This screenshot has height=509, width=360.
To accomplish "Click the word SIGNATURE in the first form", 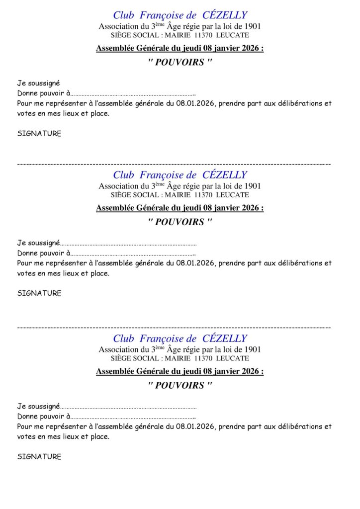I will click(x=39, y=134).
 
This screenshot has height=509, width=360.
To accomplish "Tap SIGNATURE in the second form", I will click(x=39, y=293).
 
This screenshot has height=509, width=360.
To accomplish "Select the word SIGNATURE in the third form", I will click(x=39, y=457).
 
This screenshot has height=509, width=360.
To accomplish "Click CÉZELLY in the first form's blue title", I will click(x=225, y=15).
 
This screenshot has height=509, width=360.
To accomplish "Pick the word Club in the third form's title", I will click(x=124, y=339).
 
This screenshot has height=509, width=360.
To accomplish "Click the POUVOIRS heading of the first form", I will click(x=180, y=63).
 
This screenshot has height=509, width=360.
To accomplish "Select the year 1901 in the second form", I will click(x=252, y=186).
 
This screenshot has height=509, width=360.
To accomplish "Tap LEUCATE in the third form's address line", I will click(x=232, y=358).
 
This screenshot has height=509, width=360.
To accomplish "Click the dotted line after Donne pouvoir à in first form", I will click(x=132, y=93).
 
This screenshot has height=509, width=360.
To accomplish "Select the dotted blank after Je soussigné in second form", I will click(x=128, y=244).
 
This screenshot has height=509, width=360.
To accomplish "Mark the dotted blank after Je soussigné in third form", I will click(x=128, y=407).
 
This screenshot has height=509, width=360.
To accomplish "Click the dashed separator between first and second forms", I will click(x=174, y=164).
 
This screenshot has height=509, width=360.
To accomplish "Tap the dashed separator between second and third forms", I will click(x=174, y=327).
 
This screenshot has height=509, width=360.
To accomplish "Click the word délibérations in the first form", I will click(x=300, y=103).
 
